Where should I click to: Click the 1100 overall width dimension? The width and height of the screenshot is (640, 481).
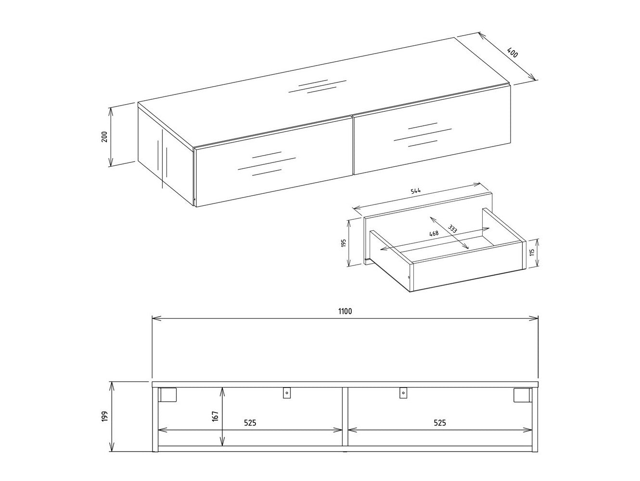pos(345,311)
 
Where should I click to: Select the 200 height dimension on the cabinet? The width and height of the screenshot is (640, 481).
pos(104,137)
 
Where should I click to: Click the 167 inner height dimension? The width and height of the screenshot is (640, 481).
pos(215,416)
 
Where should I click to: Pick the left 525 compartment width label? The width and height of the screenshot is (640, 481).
pos(249,423)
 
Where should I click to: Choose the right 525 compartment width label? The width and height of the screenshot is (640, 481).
pos(439,423)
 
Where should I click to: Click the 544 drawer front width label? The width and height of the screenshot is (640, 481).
pos(416,191)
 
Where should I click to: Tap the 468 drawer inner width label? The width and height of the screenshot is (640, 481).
pos(435,234)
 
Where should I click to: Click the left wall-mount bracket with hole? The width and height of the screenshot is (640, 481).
pos(287,393)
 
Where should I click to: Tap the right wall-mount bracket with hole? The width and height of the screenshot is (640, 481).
pos(403,393)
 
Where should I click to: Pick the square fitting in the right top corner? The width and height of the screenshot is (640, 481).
pos(521,395)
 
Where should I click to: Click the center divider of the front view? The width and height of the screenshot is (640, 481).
pos(345,417)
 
